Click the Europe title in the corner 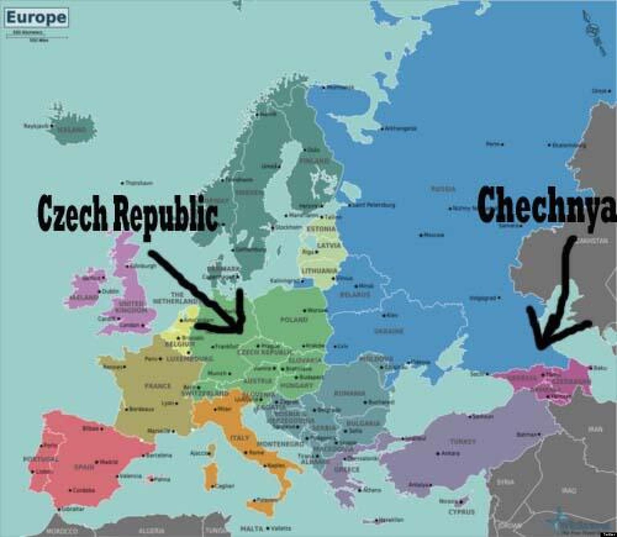(36, 18)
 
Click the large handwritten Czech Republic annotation (128, 212)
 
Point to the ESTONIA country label (321, 229)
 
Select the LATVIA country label (329, 246)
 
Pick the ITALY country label (239, 438)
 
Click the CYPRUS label (462, 512)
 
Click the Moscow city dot (421, 235)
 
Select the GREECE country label (348, 469)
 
